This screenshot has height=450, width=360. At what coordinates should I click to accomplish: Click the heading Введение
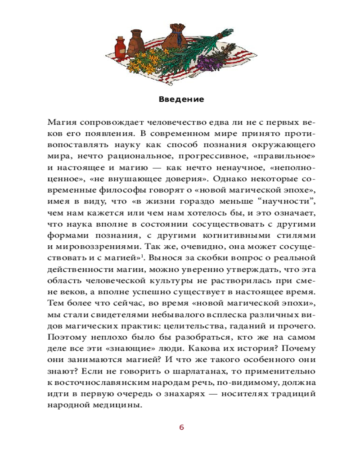(x=181, y=99)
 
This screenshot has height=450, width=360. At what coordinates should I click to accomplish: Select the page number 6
(x=181, y=427)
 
